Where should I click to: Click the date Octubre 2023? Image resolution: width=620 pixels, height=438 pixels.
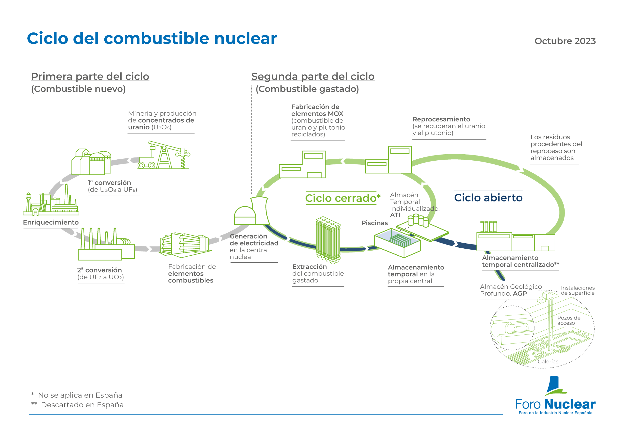click(565, 41)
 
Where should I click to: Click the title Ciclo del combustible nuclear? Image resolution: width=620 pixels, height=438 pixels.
click(152, 38)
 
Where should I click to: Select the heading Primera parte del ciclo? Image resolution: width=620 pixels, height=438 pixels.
click(90, 77)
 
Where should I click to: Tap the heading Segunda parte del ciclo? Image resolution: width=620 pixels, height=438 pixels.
click(313, 77)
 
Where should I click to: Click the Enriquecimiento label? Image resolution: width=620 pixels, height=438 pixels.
click(51, 222)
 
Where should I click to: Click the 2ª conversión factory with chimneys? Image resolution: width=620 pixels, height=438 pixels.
click(106, 244)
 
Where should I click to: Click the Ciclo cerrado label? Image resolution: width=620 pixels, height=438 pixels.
click(343, 198)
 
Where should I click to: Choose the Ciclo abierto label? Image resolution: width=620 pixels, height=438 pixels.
click(488, 198)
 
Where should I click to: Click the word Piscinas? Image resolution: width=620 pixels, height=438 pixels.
click(374, 223)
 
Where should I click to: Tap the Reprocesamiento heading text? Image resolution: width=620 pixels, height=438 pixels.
click(441, 119)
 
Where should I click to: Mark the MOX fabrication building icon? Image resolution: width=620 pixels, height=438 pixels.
click(302, 164)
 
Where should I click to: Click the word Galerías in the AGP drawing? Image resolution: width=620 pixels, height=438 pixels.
click(548, 361)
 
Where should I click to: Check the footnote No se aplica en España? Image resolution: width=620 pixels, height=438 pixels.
click(80, 395)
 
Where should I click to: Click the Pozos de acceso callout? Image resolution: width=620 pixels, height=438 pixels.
click(569, 320)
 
